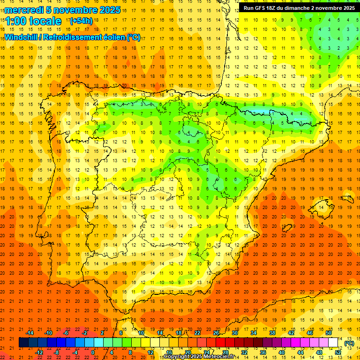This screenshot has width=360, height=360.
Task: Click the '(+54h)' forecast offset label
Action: (81, 21)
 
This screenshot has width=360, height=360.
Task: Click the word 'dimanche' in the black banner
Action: (295, 8)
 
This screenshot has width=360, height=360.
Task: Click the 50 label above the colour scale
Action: (329, 333)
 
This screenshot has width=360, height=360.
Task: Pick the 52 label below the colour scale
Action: (338, 352)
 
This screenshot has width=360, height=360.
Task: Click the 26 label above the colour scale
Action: (216, 333)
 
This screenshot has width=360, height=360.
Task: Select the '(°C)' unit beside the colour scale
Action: (349, 343)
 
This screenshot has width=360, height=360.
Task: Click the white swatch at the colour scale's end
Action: (333, 343)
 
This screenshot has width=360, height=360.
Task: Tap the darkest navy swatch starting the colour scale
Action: (23, 343)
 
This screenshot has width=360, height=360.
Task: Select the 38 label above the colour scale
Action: (272, 333)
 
